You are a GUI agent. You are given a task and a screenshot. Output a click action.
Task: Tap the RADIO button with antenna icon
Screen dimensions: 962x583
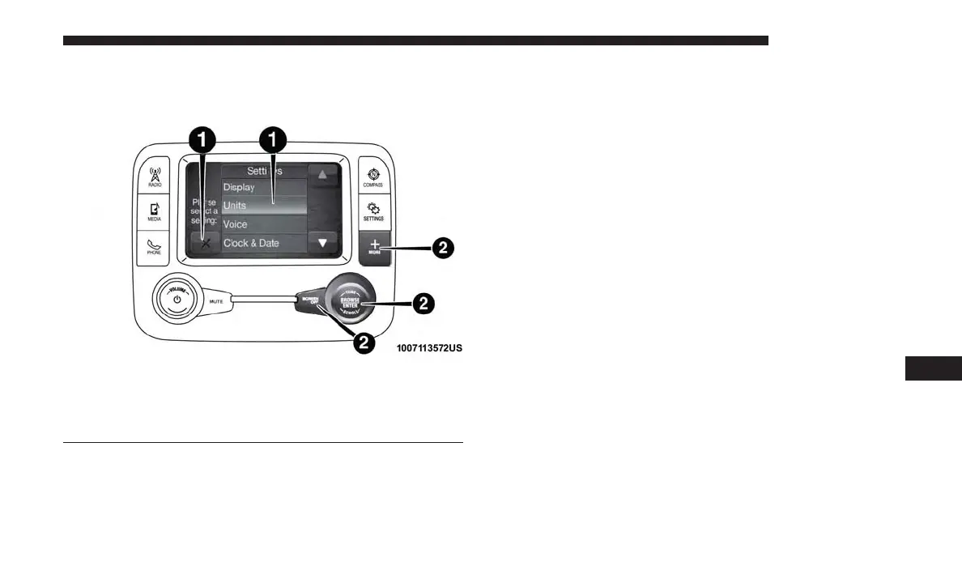155,177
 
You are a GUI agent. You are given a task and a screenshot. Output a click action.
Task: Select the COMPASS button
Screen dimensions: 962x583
374,177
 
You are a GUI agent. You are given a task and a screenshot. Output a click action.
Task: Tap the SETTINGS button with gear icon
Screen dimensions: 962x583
374,212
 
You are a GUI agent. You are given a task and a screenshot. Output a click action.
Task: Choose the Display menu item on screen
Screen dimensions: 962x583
264,187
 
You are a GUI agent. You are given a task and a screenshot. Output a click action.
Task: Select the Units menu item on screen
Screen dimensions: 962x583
264,206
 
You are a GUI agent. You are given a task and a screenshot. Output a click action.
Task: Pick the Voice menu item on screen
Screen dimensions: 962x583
264,224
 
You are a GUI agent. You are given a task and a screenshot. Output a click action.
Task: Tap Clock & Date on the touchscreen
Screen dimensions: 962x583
264,243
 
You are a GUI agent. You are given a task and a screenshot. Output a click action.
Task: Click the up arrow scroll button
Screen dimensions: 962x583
323,175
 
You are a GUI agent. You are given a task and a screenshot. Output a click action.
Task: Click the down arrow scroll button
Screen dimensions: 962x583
323,242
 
